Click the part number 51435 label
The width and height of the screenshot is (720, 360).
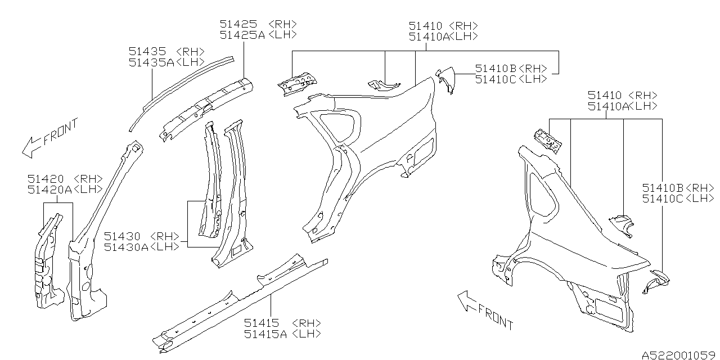(x=148, y=52)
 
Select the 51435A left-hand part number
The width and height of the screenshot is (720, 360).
(x=151, y=62)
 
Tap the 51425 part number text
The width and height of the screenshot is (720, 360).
(x=238, y=24)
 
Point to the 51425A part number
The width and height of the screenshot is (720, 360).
(x=242, y=35)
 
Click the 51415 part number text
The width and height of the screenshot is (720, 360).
(x=263, y=323)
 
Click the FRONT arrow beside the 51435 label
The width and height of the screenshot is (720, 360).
(x=48, y=137)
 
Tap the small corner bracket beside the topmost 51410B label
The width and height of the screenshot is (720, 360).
(x=445, y=79)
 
